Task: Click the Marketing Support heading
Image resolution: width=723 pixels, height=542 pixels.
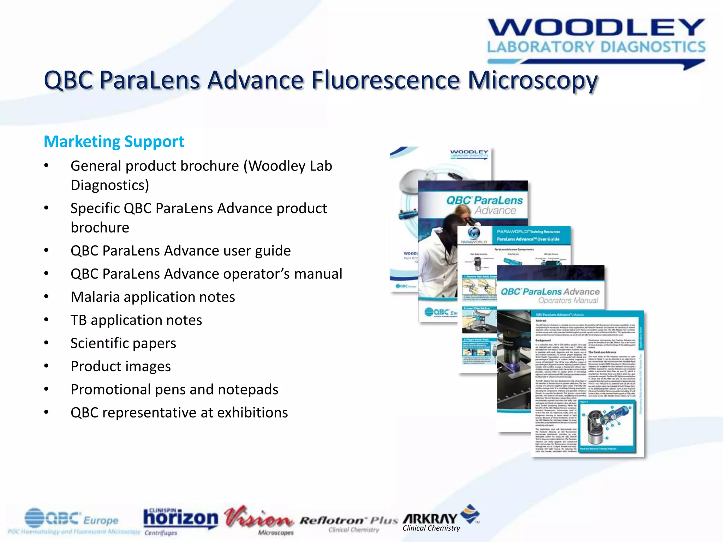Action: click(x=114, y=142)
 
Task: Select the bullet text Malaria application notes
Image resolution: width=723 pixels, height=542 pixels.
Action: click(x=153, y=297)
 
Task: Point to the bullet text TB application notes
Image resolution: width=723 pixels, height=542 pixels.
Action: click(x=136, y=320)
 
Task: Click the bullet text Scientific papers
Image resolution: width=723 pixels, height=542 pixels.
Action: click(x=123, y=343)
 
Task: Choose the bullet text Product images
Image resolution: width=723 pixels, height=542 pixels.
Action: click(x=120, y=367)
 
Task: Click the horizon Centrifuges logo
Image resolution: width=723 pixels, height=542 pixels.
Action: click(x=180, y=520)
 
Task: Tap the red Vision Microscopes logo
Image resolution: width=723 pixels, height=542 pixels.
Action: click(x=259, y=519)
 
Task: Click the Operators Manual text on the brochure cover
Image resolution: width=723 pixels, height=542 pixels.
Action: click(x=568, y=301)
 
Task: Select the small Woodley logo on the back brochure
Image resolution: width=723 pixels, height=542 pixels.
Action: click(x=469, y=153)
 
